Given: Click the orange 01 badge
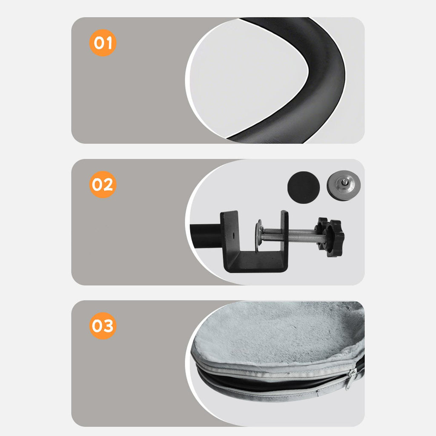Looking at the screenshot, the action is click(103, 43).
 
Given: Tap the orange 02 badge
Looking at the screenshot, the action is click(103, 184).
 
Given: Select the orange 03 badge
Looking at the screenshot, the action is click(103, 326).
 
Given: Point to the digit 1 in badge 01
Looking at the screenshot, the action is click(109, 43).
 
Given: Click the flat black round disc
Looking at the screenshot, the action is click(303, 187).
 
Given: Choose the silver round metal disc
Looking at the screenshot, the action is click(344, 185).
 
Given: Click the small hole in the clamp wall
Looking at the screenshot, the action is click(234, 236).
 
